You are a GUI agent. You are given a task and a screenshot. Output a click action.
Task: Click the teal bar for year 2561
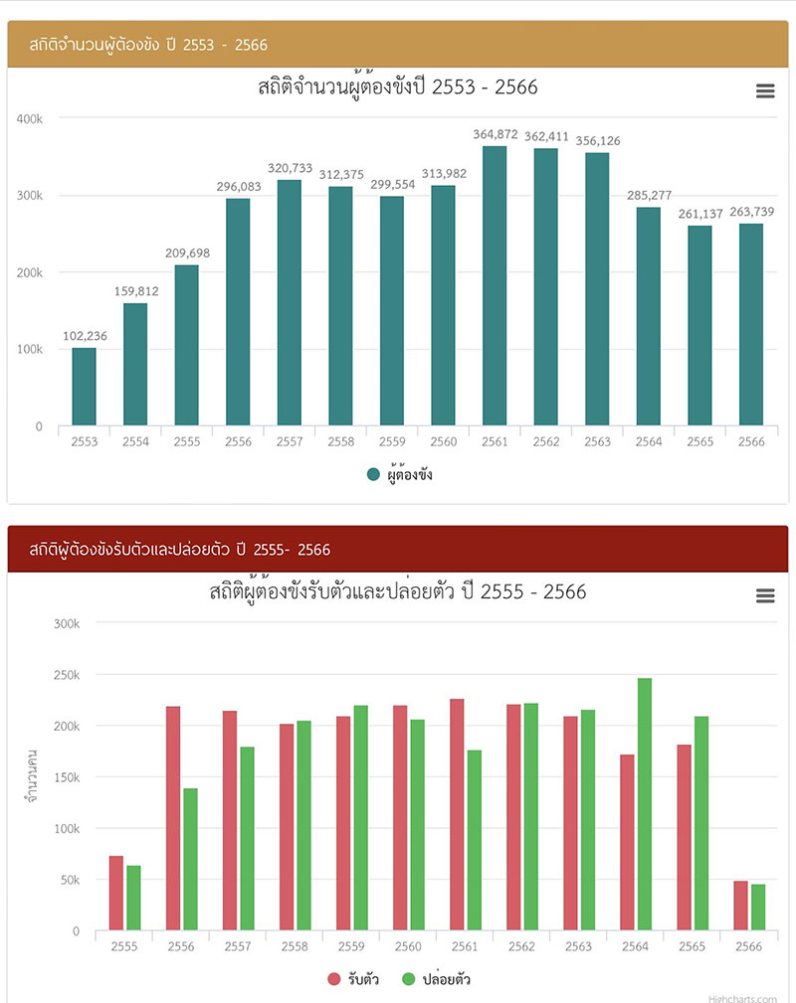tap(495, 286)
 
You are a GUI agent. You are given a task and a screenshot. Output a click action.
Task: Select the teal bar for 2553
tap(85, 387)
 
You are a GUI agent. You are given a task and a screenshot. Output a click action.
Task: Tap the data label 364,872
tap(495, 134)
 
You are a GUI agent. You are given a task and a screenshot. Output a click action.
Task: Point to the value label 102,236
tap(85, 336)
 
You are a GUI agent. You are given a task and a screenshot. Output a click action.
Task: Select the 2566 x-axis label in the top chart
tap(751, 441)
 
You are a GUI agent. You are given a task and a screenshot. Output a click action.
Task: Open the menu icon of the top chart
tap(765, 91)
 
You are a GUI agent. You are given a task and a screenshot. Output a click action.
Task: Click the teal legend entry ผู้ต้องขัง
tap(400, 475)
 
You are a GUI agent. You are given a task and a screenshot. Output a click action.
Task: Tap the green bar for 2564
tap(645, 804)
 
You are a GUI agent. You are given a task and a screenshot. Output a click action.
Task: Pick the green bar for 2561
tap(475, 840)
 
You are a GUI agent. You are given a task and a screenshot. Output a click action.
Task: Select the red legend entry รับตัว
tap(353, 979)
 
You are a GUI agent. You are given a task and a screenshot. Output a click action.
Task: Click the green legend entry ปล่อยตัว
tap(436, 979)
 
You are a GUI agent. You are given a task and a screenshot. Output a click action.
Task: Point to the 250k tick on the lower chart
tap(66, 675)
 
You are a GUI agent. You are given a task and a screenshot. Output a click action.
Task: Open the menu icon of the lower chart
tap(765, 595)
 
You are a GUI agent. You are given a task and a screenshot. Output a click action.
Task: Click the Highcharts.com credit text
tap(742, 998)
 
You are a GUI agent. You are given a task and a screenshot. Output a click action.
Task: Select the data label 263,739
tap(751, 212)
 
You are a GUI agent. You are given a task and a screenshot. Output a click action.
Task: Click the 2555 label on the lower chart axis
tap(124, 947)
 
